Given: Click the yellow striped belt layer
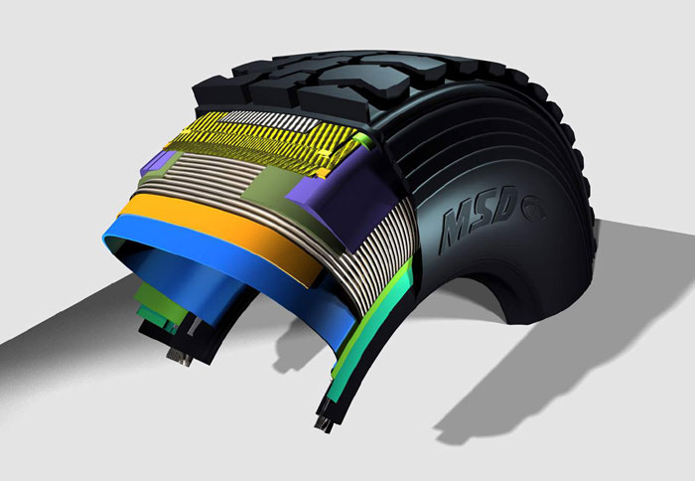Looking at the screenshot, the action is (x=261, y=143).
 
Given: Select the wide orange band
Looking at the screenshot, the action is (x=221, y=233).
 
